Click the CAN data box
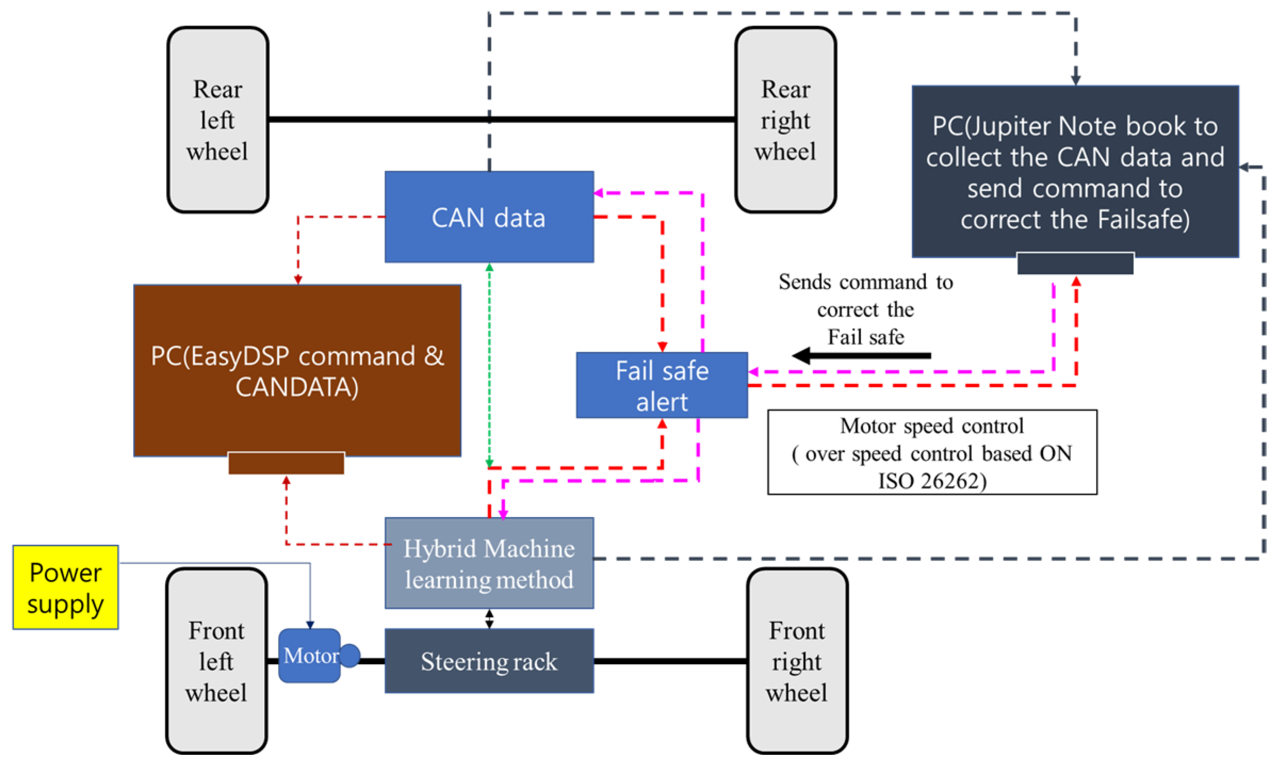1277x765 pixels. click(x=489, y=217)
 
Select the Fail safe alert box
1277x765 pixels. click(x=661, y=385)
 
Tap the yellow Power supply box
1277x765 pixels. click(x=66, y=587)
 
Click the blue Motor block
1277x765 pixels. click(x=309, y=655)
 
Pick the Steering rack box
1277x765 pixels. click(x=489, y=661)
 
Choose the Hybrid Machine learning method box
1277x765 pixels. click(x=489, y=563)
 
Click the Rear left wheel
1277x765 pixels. click(x=217, y=120)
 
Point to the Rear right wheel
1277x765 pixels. click(x=785, y=120)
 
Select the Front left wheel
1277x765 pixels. click(x=216, y=661)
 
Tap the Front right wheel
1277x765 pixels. click(x=797, y=661)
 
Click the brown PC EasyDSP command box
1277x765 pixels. click(x=297, y=371)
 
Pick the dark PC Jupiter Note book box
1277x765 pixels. click(x=1075, y=172)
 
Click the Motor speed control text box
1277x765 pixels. click(x=932, y=452)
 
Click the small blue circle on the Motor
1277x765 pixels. click(x=350, y=655)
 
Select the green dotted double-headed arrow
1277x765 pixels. click(x=489, y=365)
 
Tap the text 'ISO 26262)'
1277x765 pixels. click(x=932, y=481)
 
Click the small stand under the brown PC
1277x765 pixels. click(x=286, y=463)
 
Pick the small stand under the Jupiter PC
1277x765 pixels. click(x=1075, y=264)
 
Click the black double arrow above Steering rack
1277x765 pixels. click(x=489, y=618)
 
